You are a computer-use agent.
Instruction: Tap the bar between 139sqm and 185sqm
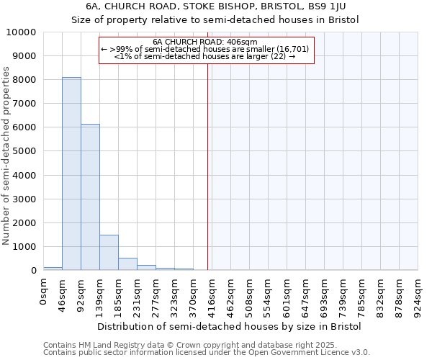(109, 252)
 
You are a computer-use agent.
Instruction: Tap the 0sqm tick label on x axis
(44, 292)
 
